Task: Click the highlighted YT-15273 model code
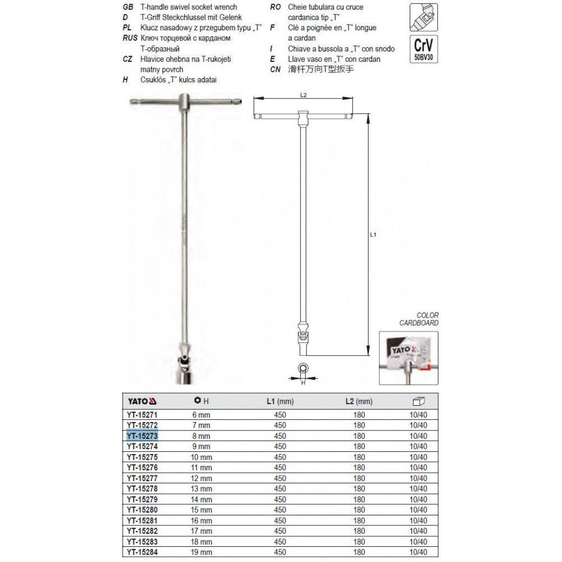(141, 436)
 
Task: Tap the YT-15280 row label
(141, 510)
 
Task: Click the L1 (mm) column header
(280, 401)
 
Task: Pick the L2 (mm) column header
(359, 401)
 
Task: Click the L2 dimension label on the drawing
(303, 95)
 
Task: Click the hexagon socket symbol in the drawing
(303, 369)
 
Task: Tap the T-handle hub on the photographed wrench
(185, 103)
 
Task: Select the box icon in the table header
(419, 401)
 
